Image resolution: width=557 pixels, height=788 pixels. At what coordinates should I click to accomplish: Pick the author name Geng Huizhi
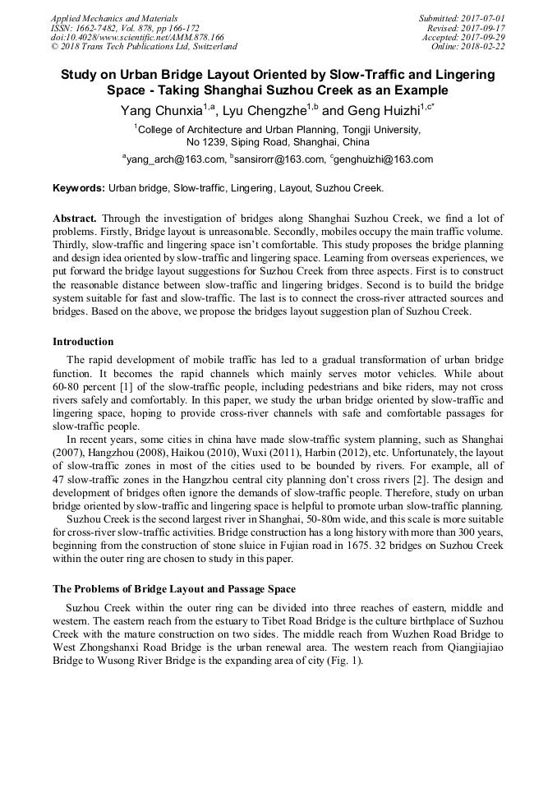coord(381,110)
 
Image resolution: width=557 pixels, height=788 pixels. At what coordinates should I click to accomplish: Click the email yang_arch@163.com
coord(175,159)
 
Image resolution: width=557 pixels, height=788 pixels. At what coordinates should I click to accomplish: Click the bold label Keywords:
coord(79,188)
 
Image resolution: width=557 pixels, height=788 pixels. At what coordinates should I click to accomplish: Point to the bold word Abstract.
coord(75,219)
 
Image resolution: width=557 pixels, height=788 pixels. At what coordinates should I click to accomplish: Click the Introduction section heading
coord(83,342)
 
